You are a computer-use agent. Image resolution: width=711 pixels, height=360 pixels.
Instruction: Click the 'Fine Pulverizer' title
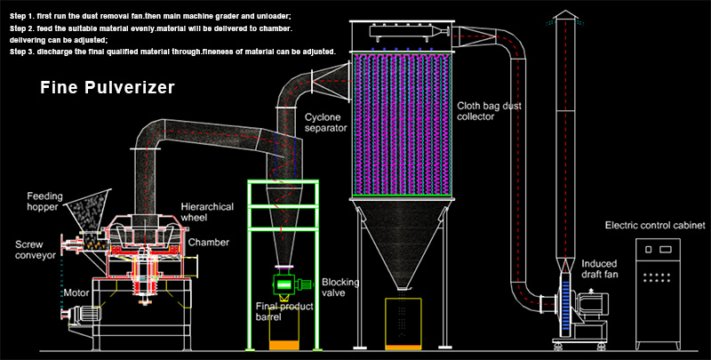pos(108,88)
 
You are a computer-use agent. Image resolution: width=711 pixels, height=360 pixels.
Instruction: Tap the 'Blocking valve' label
pos(340,287)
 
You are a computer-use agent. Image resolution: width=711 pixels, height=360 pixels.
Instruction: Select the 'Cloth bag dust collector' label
pos(493,111)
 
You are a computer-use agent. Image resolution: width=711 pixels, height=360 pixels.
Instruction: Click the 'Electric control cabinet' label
pos(654,226)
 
